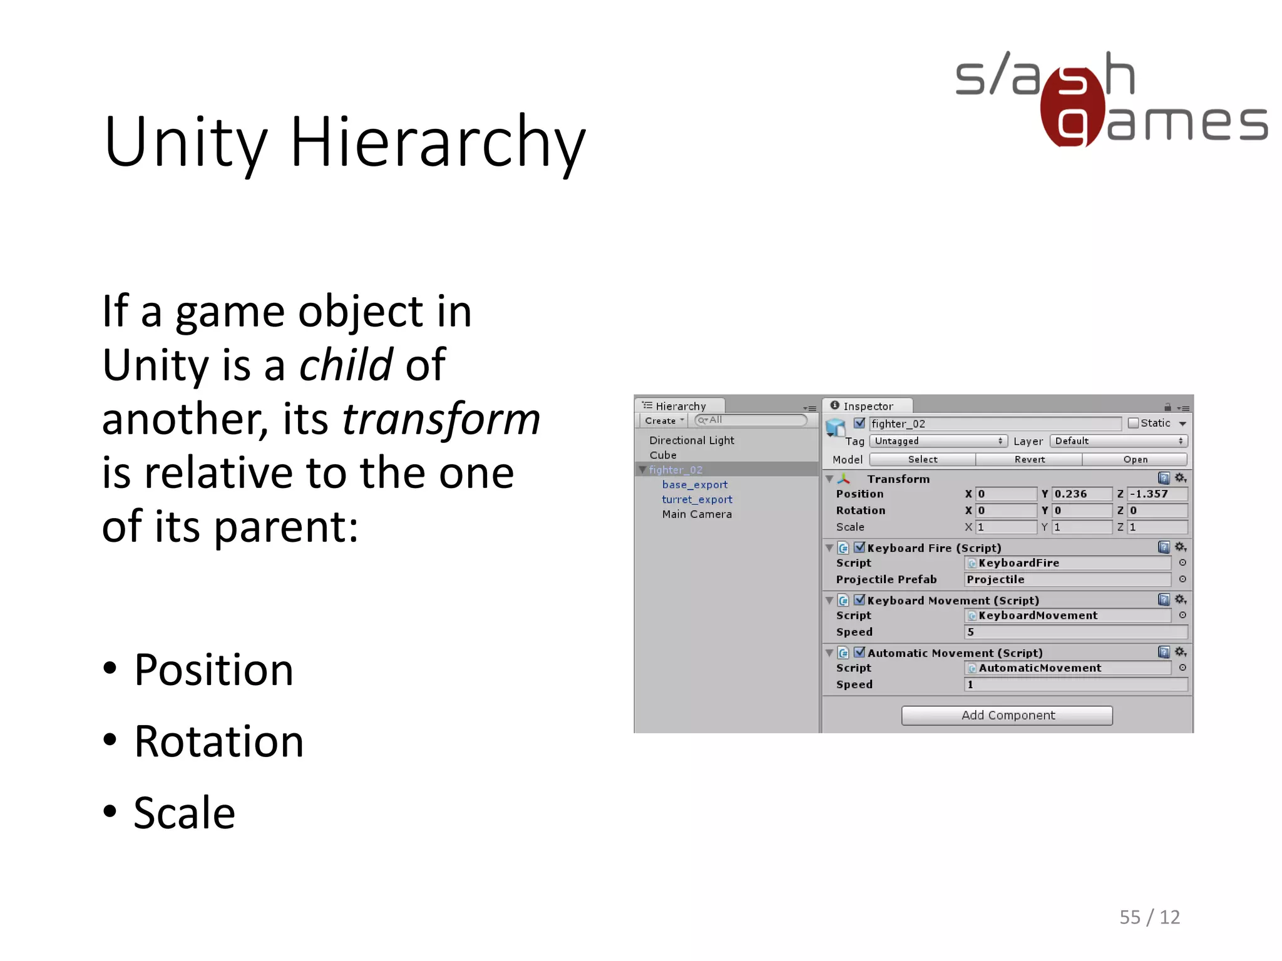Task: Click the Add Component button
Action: coord(1007,715)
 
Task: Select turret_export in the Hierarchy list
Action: coord(697,499)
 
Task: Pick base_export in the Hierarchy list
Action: coord(695,484)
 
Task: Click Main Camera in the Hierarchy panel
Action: coord(697,514)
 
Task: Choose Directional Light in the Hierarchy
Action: coord(692,440)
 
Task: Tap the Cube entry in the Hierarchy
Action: coord(663,455)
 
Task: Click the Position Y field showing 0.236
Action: coord(1081,494)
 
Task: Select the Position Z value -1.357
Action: coord(1156,494)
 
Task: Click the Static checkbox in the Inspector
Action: coord(1133,424)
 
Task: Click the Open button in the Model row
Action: coord(1135,459)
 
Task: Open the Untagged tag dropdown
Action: coord(938,441)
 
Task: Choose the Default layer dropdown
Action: coord(1119,441)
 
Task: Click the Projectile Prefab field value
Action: coord(1067,579)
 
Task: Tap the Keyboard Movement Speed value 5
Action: coord(1075,632)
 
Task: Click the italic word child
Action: coord(346,365)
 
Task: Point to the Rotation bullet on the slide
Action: coord(218,741)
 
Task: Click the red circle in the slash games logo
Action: coord(1072,108)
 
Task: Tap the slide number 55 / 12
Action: coord(1149,917)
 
